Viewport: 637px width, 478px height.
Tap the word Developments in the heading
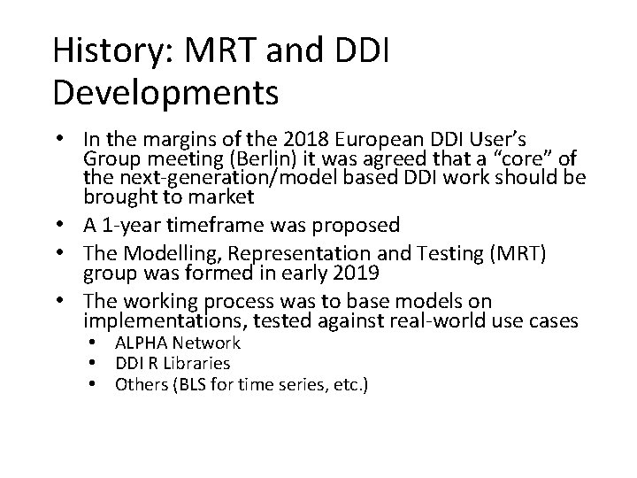click(165, 90)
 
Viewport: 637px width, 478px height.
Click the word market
click(221, 196)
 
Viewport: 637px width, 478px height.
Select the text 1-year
click(123, 225)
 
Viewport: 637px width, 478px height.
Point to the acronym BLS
click(196, 384)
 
